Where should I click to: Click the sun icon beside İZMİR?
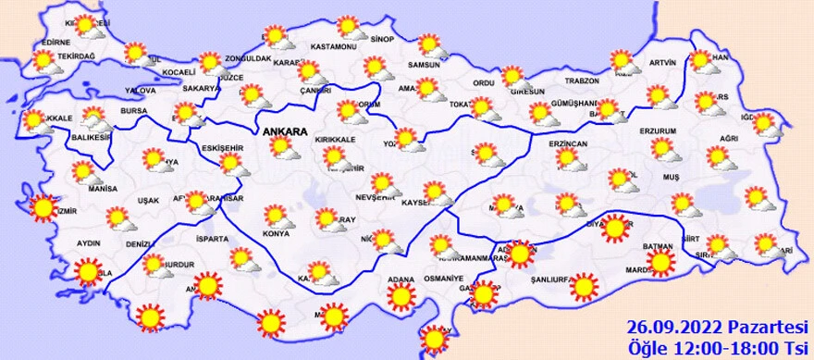click(43, 208)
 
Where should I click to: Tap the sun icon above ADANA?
click(401, 295)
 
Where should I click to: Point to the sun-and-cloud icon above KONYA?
click(277, 216)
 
